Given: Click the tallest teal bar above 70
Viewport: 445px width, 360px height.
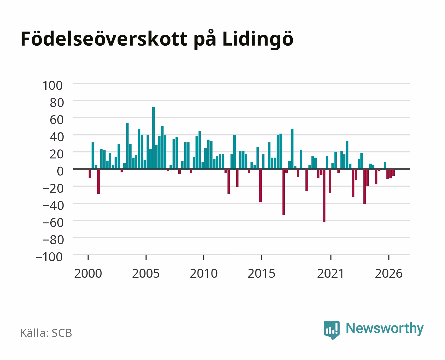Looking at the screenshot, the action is tap(154, 138).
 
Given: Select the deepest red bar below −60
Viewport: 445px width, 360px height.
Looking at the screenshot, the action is tap(324, 195).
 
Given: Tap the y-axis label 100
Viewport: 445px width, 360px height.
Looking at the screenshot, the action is tap(52, 86).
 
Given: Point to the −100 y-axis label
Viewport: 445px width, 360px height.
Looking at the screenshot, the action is tap(49, 257).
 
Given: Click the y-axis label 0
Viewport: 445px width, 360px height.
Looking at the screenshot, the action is tap(60, 171).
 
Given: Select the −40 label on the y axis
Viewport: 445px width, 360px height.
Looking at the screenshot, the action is tap(53, 206).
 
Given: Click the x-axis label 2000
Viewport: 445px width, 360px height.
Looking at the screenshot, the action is tap(88, 273).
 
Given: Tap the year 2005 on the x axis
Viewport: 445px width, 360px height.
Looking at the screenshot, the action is tap(146, 273).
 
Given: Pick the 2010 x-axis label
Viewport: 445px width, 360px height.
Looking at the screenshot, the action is tap(204, 273).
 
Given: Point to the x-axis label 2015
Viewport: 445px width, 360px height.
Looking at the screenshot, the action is tap(261, 273).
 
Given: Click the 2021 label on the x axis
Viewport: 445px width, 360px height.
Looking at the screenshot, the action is tap(331, 273).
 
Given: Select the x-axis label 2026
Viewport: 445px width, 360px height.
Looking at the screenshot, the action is tap(389, 273).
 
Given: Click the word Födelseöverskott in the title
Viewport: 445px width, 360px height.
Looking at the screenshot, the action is tap(104, 39).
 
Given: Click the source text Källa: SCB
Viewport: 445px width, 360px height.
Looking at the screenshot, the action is tap(46, 333).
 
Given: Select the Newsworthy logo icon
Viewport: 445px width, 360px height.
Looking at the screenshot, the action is tap(331, 330).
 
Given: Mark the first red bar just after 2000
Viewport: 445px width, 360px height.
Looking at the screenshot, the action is tap(90, 174).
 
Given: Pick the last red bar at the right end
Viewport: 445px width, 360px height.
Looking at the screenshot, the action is tap(393, 172).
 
